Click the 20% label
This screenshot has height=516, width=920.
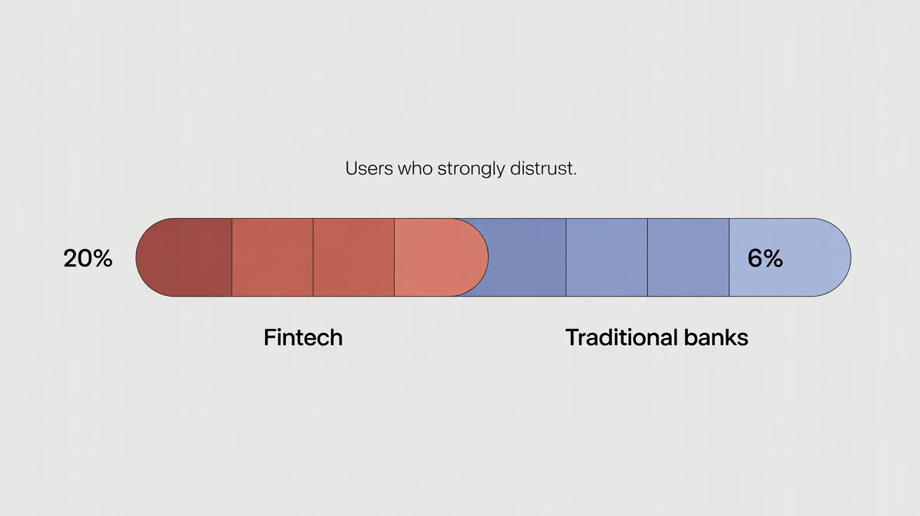[88, 259]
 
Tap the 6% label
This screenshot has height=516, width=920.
[764, 259]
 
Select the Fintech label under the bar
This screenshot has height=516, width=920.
[303, 337]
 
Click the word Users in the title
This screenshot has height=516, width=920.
[370, 169]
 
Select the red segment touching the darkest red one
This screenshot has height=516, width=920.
[272, 257]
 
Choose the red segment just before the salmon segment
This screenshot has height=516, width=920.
[353, 257]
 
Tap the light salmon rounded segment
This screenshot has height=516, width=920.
[438, 257]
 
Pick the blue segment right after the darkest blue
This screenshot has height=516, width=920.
[607, 257]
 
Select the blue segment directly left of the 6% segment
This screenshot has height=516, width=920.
[688, 257]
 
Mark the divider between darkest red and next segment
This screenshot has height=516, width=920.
[231, 257]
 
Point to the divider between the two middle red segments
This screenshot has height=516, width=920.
[313, 257]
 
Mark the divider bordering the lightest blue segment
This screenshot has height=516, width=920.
[729, 257]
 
